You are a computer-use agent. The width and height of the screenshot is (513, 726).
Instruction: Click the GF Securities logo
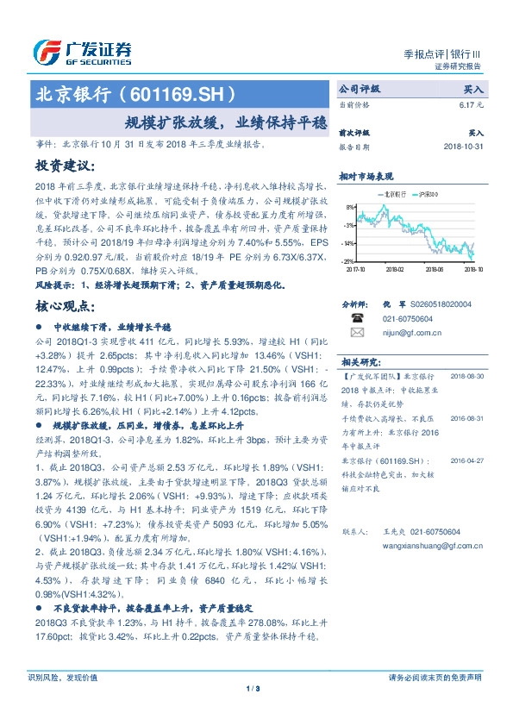point(82,53)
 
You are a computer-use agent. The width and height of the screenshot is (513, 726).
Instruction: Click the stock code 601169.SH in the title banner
point(181,93)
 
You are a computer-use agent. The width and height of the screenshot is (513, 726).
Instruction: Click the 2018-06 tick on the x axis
point(435,269)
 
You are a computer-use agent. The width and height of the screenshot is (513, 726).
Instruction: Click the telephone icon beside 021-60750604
point(357,318)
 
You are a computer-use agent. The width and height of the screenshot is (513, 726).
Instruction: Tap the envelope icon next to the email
point(357,331)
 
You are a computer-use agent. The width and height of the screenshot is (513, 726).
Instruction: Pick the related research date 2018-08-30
point(468,377)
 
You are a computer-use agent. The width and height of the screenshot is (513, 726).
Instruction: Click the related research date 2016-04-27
point(468,460)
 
